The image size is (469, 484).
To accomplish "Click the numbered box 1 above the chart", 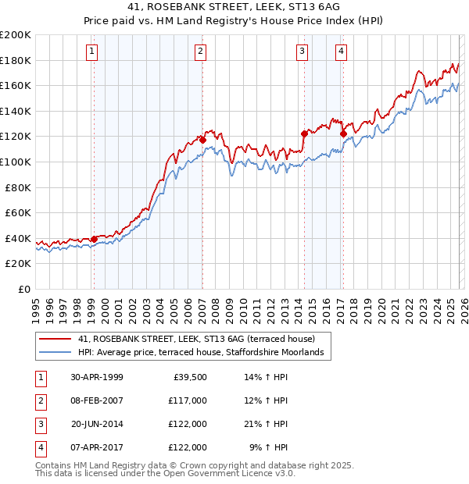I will pos(92,52).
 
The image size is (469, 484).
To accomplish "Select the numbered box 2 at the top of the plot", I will pos(201,52).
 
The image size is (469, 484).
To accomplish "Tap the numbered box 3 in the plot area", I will pos(302,52).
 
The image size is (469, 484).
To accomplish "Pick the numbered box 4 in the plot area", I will pos(342,52).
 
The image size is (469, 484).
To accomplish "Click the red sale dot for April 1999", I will pos(94,239).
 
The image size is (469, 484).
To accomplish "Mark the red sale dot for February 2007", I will pos(202,140).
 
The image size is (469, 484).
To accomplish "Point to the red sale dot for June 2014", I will pos(304,133).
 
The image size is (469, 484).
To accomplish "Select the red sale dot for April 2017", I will pos(342,133).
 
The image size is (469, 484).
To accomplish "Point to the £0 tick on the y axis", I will pos(23,289).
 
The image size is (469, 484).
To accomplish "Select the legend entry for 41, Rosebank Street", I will pos(195,340).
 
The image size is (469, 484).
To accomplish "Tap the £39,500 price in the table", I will pos(188,377).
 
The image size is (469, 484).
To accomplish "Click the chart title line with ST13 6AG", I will pos(234,9).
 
